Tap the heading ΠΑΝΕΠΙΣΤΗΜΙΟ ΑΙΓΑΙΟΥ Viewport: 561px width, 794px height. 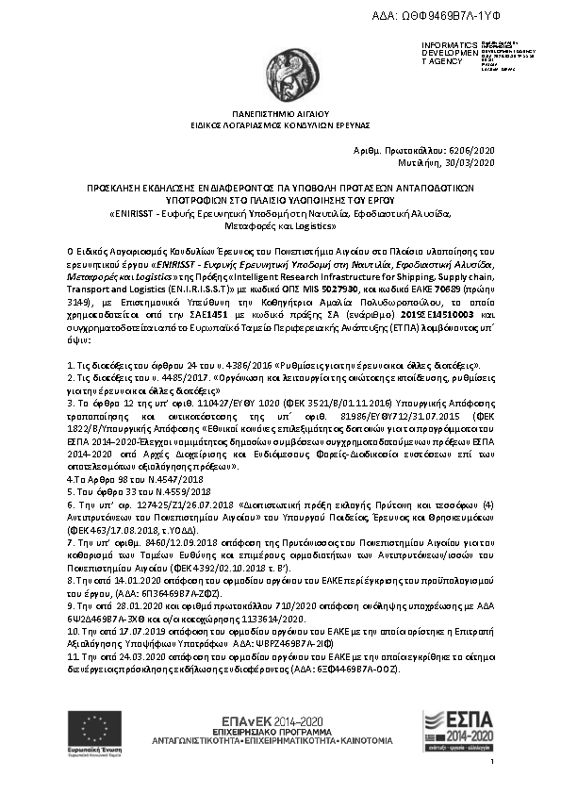tap(280, 112)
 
